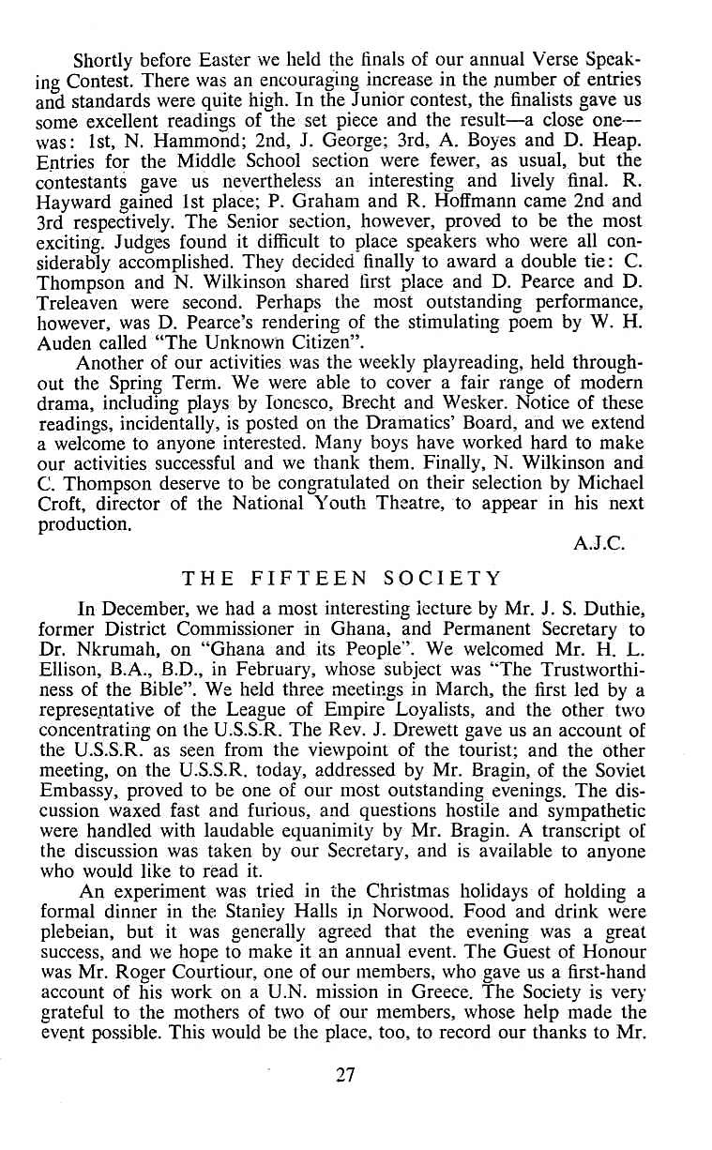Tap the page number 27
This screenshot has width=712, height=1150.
[346, 1102]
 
